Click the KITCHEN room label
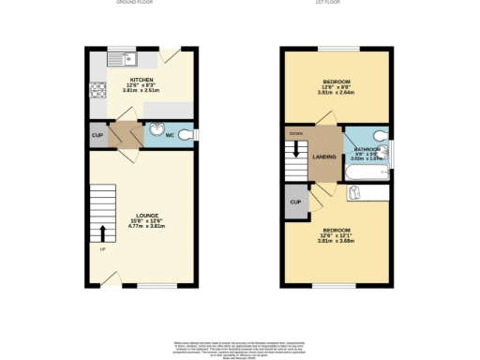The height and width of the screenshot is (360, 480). click(142, 80)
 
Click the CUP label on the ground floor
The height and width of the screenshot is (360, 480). click(97, 135)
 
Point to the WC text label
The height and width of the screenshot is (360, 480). click(170, 136)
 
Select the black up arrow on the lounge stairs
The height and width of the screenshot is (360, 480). click(102, 232)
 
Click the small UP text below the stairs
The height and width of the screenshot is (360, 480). click(101, 248)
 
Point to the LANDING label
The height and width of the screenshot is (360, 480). click(324, 157)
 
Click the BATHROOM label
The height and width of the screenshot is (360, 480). click(366, 149)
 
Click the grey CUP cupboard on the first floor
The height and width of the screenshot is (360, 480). click(295, 202)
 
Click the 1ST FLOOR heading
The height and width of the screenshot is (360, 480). click(335, 4)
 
